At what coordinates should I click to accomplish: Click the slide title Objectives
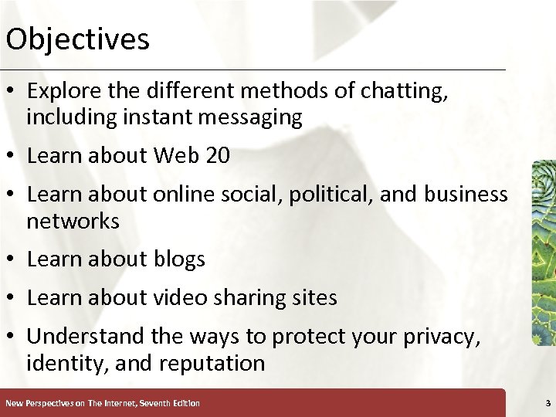[77, 39]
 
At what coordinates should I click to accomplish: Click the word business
[463, 195]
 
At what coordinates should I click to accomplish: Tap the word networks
[73, 222]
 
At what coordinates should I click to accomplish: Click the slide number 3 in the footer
[547, 403]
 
